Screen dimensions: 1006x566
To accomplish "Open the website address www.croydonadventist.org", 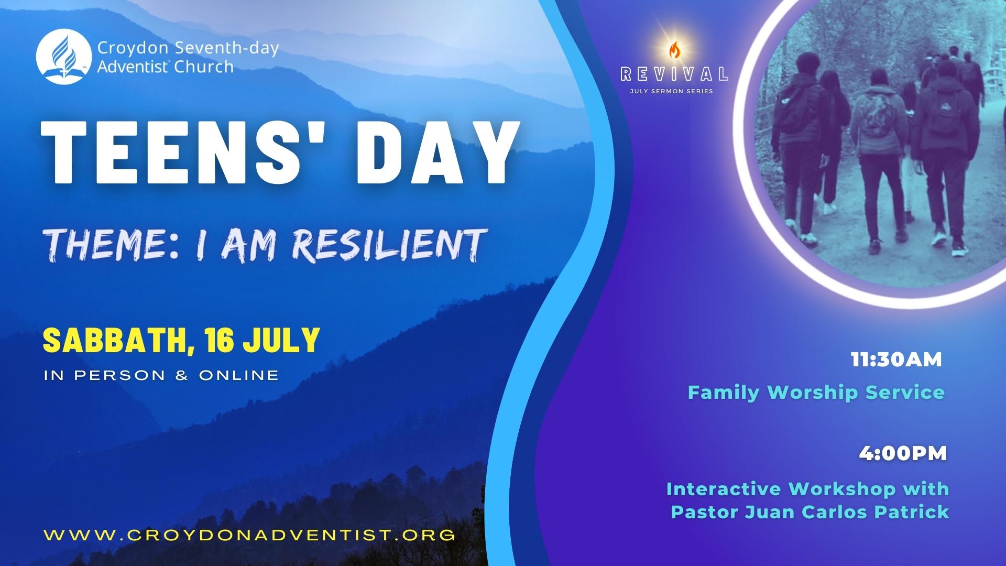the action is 249,535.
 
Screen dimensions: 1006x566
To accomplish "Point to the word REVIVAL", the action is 674,74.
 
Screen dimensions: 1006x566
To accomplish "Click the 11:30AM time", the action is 896,360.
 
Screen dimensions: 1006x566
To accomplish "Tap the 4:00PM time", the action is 903,454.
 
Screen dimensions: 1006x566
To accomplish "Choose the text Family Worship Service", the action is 816,392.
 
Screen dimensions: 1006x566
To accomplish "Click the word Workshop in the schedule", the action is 842,489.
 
